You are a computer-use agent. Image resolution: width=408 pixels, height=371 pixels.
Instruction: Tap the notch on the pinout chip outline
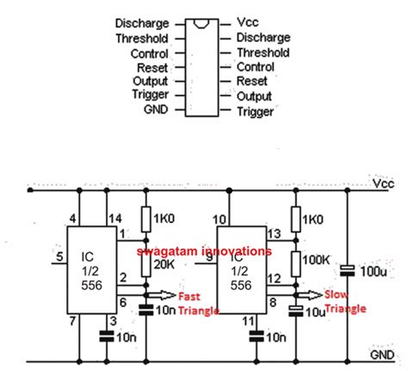point(203,21)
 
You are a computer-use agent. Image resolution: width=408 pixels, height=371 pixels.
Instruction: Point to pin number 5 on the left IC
point(59,256)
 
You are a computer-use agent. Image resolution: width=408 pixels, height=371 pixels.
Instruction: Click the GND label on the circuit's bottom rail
point(384,354)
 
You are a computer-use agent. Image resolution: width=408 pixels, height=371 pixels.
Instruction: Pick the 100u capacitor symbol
point(348,272)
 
